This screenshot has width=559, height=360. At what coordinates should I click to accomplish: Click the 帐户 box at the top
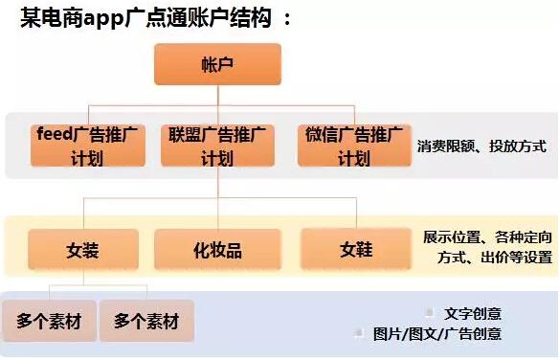pyautogui.click(x=217, y=64)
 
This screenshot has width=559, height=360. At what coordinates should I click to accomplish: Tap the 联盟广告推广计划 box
pyautogui.click(x=217, y=146)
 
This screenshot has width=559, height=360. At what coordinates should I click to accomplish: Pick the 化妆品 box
pyautogui.click(x=217, y=250)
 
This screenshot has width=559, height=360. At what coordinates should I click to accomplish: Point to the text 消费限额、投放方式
pyautogui.click(x=481, y=146)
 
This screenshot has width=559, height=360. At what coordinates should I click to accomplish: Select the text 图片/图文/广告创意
pyautogui.click(x=437, y=334)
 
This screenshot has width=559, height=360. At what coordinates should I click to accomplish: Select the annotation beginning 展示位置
pyautogui.click(x=488, y=246)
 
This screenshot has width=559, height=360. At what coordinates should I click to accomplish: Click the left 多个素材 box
pyautogui.click(x=49, y=322)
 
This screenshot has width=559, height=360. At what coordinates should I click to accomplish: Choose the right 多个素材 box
pyautogui.click(x=146, y=322)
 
